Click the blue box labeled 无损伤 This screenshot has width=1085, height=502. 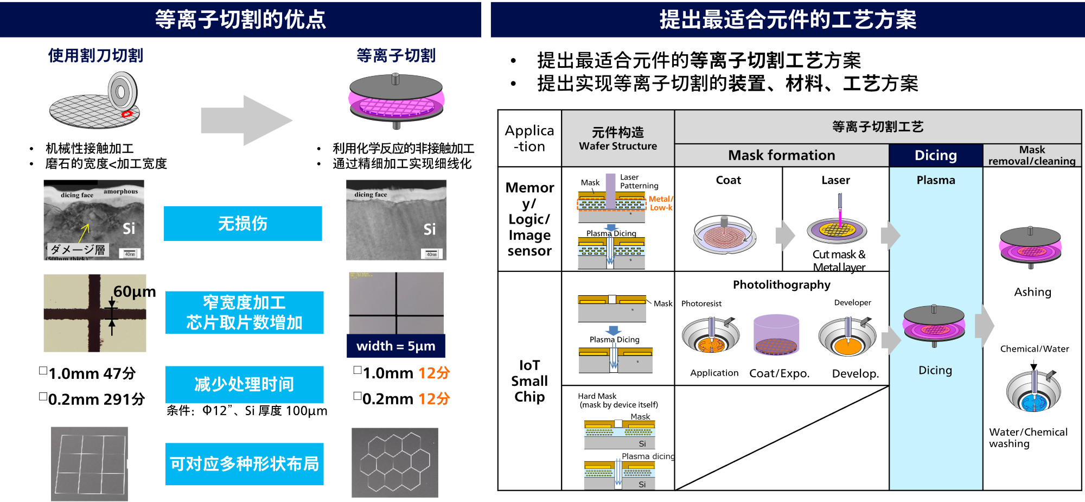coord(242,223)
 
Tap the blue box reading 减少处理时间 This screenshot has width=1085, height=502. coord(244,384)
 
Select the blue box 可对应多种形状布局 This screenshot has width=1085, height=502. coord(244,464)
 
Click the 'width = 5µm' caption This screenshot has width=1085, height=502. coord(395,346)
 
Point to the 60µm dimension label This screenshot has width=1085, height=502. coord(134,292)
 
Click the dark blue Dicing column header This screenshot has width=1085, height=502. coord(935,155)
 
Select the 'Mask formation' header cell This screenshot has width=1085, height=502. coord(781,155)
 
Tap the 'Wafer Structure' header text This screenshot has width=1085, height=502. coord(617,146)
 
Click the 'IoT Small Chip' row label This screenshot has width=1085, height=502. coord(529,381)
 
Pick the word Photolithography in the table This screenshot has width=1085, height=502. coord(781,285)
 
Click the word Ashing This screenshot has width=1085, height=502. coord(1032,292)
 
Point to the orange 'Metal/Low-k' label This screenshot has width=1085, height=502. coord(660,203)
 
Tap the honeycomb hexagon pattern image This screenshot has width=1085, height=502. coord(394,462)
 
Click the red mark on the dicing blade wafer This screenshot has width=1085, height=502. coord(127,114)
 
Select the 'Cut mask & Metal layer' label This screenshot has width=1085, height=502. coord(839,260)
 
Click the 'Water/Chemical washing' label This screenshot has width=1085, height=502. coord(1028,437)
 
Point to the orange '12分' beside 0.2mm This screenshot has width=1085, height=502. coord(434,399)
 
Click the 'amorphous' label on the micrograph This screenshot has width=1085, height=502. coord(120,192)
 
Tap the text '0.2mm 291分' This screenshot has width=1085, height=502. coord(96,399)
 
